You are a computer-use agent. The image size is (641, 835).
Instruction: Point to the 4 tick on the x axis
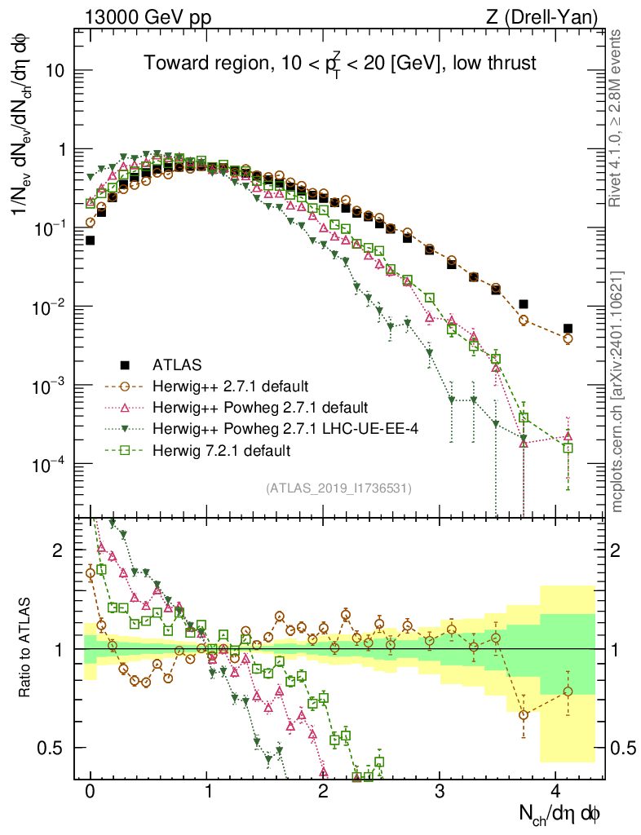point(555,791)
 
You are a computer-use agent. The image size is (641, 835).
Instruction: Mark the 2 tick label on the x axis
point(323,791)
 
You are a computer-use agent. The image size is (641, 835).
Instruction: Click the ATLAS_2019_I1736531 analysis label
point(338,488)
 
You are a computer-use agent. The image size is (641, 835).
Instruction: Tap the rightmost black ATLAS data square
point(568,329)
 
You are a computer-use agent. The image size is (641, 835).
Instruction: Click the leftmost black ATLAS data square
point(91,241)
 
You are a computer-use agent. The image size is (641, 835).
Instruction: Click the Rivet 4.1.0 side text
point(617,126)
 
